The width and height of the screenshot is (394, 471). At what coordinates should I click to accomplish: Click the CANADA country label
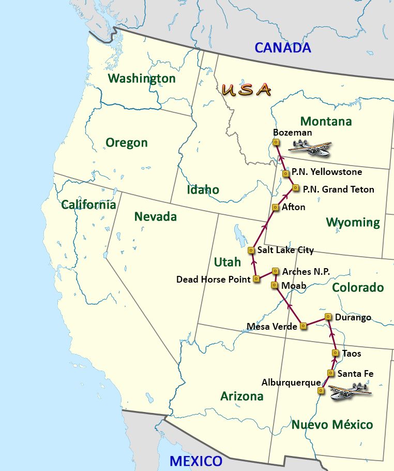click(283, 48)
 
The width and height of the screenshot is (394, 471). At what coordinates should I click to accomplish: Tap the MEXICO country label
click(196, 461)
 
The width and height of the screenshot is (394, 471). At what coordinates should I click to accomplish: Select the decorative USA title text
click(246, 90)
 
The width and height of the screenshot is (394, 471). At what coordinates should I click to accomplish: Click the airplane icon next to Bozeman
click(310, 148)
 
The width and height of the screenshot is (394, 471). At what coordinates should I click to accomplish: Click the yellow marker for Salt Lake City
click(251, 250)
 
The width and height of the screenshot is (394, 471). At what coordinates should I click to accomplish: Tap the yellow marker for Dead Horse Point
click(256, 279)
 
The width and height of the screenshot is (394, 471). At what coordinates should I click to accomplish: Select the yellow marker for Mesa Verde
click(304, 326)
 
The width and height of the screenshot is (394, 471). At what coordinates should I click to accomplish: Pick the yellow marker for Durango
click(328, 316)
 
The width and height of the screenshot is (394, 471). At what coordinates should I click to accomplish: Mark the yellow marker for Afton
click(276, 207)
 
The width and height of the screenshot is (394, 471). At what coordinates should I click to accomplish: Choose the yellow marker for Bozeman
click(277, 142)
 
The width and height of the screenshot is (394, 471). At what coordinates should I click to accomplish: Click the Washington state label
click(141, 78)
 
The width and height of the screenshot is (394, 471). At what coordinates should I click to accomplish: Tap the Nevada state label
click(155, 216)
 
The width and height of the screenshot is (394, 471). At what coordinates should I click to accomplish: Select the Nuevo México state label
click(332, 425)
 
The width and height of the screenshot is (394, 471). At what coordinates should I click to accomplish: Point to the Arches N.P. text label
click(306, 271)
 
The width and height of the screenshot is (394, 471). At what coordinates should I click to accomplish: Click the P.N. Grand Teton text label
click(338, 189)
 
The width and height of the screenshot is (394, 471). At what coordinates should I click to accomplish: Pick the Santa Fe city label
click(355, 373)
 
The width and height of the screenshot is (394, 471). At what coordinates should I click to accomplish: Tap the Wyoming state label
click(353, 223)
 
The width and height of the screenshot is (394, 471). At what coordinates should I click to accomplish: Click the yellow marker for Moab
click(275, 285)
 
